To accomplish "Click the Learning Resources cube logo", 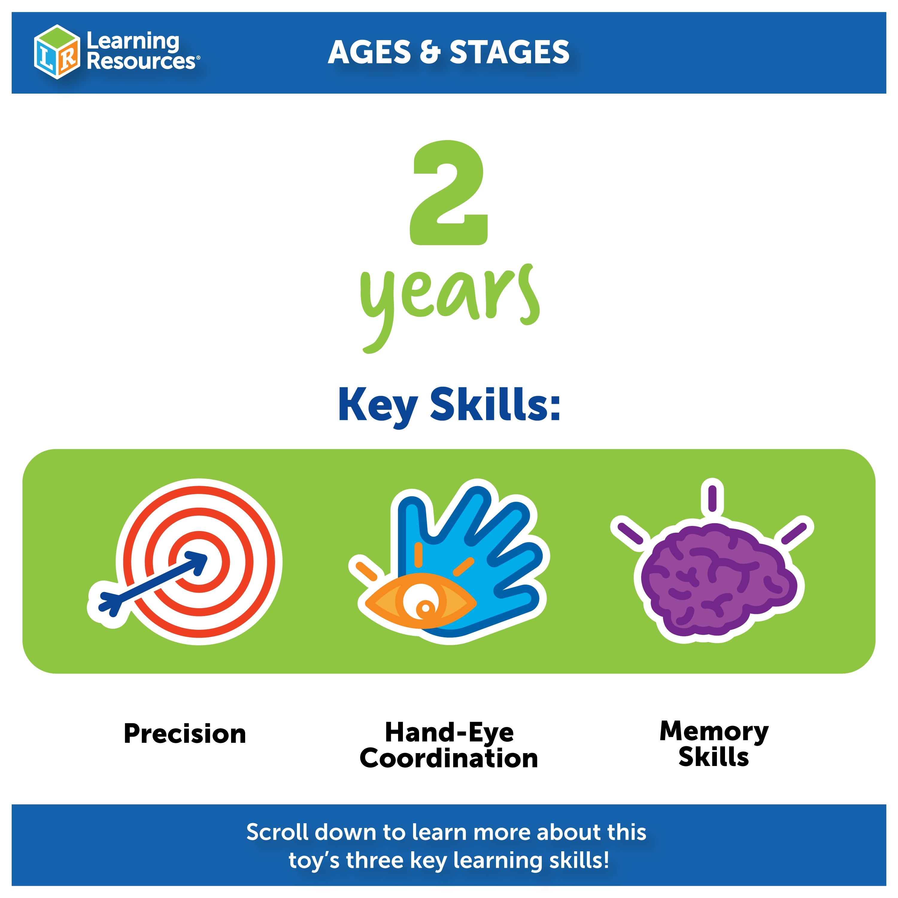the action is (57, 51).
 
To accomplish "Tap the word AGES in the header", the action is (369, 52).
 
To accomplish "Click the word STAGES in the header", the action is (509, 52).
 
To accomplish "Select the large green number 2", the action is (448, 193).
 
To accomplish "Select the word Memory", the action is (714, 731).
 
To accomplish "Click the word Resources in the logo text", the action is (141, 61).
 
